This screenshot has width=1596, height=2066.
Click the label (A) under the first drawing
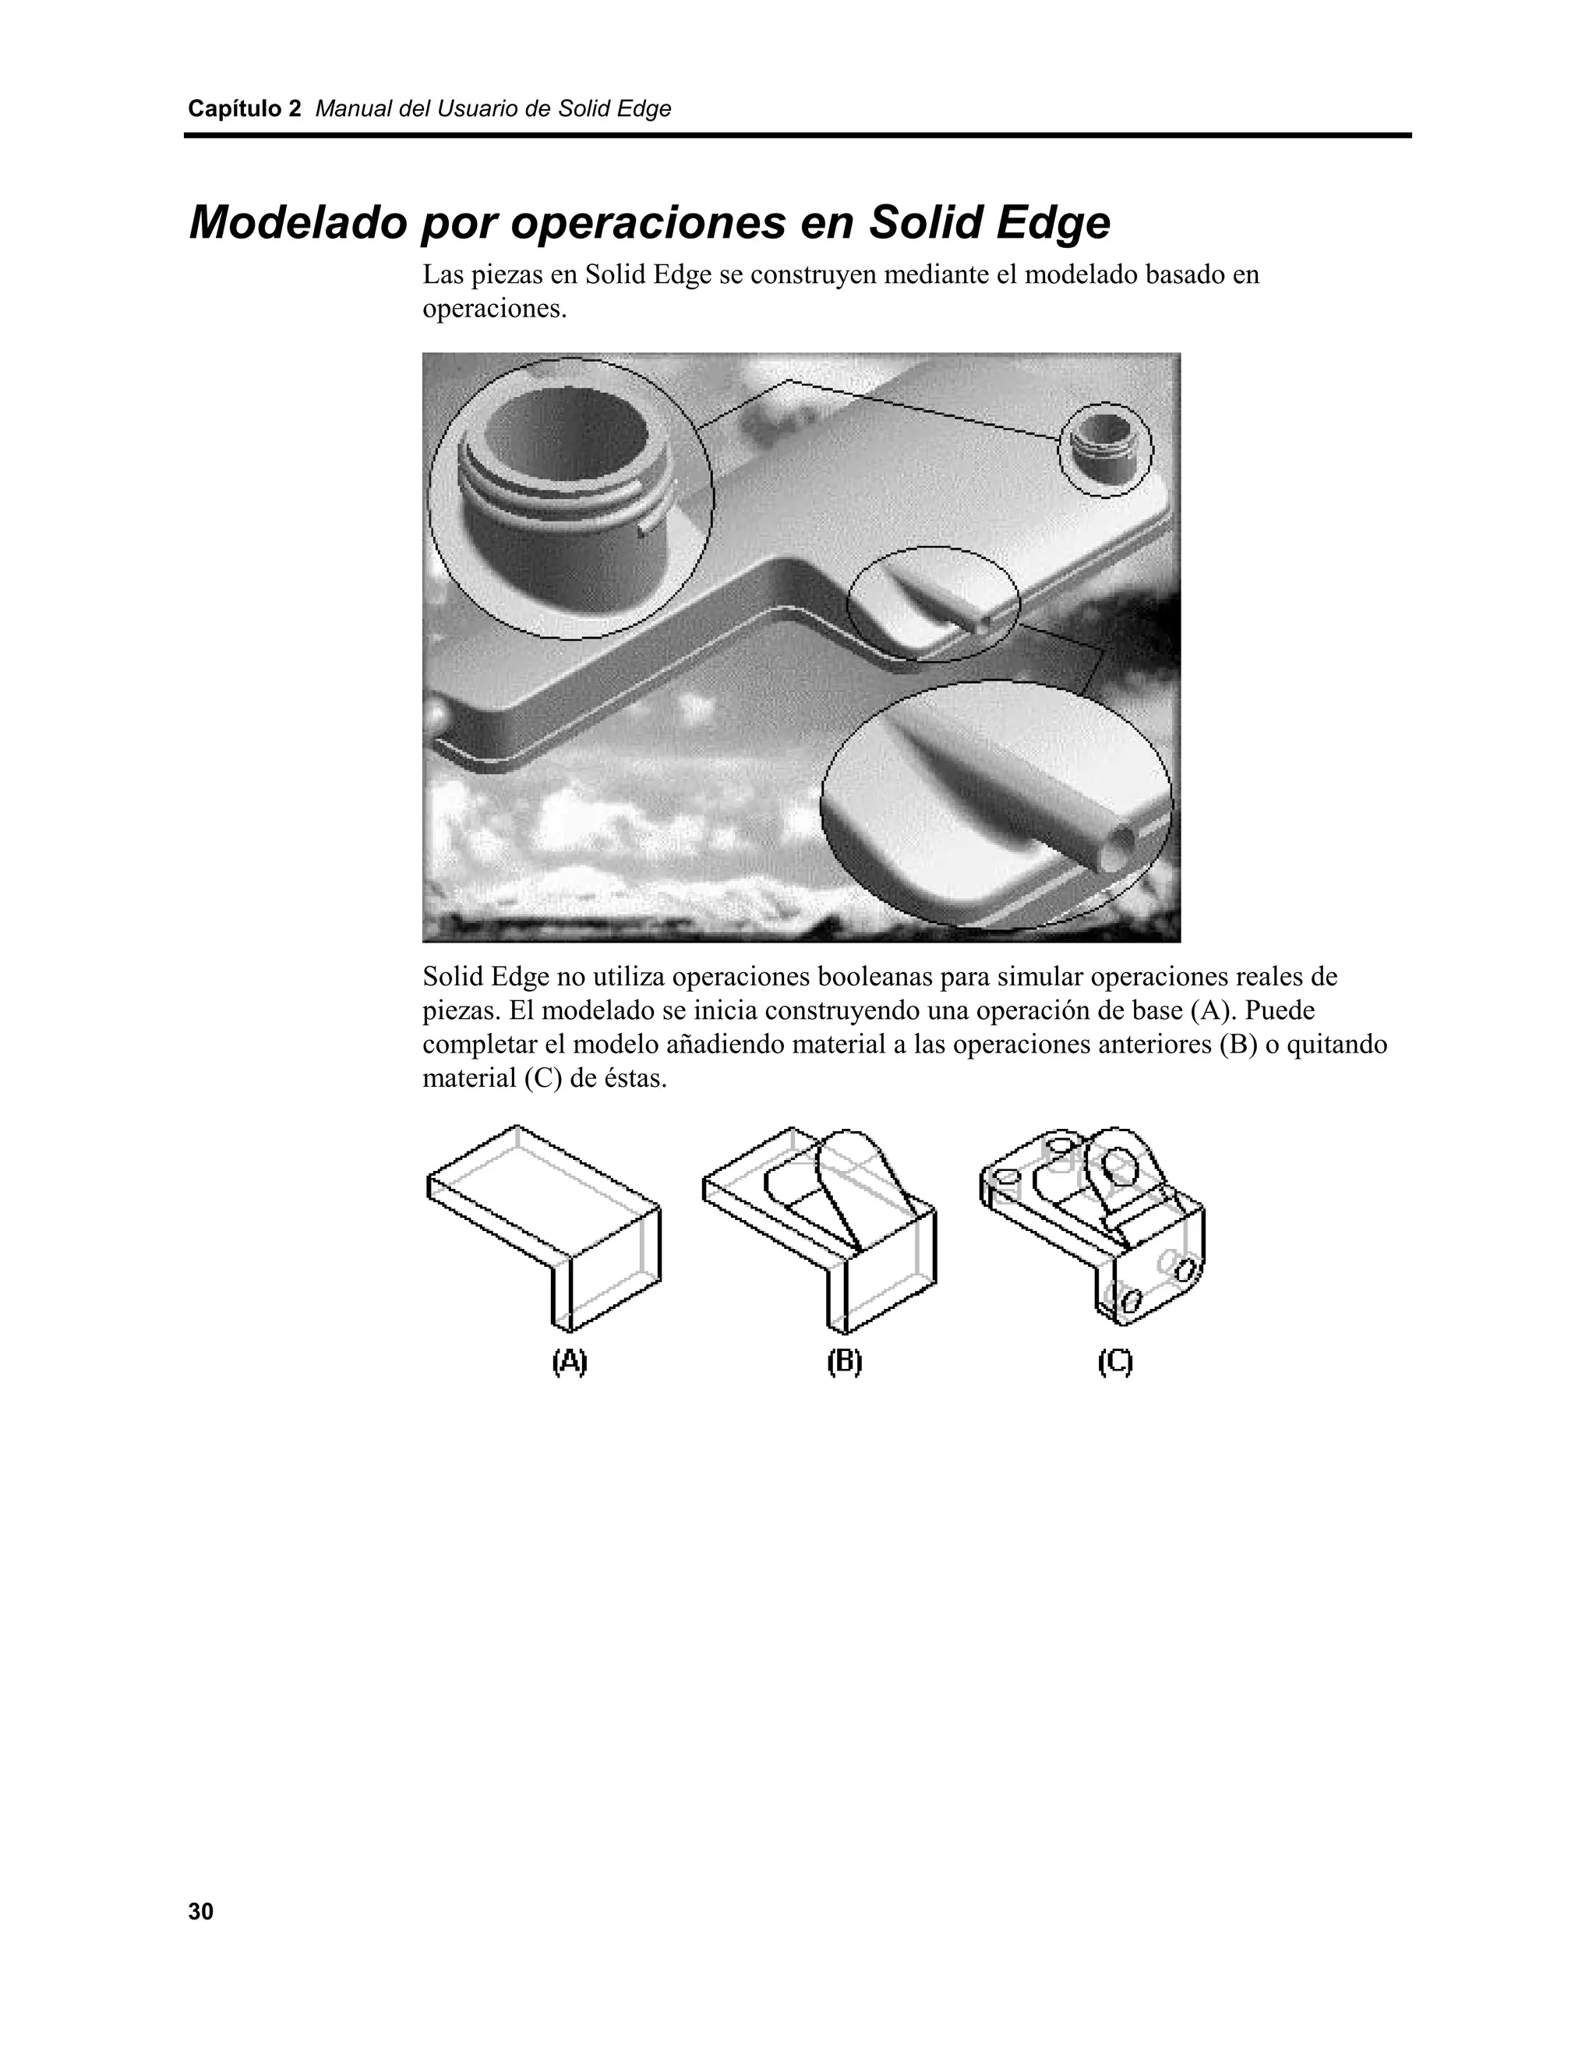pos(569,1362)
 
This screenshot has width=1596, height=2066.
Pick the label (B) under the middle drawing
pos(844,1362)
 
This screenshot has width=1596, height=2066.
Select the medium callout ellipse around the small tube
pos(933,603)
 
